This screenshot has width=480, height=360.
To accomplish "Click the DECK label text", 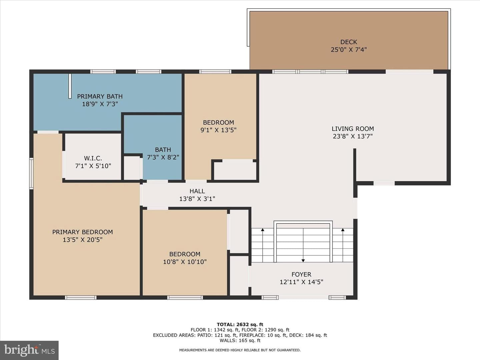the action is click(x=349, y=42).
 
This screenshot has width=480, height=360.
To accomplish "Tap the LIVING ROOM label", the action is click(x=353, y=129).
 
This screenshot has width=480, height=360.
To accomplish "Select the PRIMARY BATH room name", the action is click(x=100, y=96).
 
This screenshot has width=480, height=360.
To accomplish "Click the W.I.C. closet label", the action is click(x=93, y=158).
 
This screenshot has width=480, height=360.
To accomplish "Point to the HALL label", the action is click(x=197, y=191).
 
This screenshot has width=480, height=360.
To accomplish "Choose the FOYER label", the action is click(x=301, y=274).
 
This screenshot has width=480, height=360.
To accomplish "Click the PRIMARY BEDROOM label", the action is click(x=82, y=232).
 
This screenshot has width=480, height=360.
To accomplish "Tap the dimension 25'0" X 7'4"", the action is click(x=349, y=50).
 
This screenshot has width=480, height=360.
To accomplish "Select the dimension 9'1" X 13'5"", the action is click(x=218, y=130).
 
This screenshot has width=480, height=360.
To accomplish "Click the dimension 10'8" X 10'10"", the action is click(x=185, y=262).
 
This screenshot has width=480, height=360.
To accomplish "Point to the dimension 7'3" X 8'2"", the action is click(x=163, y=157).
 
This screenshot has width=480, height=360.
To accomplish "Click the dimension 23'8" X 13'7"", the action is click(x=353, y=136).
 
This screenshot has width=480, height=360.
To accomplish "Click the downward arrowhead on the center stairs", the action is click(x=303, y=261).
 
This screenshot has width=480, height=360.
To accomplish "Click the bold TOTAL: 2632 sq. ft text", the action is click(x=240, y=325).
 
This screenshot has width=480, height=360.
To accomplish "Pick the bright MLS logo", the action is click(x=29, y=350).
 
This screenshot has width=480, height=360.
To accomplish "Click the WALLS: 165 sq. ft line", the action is click(x=240, y=341).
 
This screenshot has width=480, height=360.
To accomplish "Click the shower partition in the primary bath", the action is click(x=70, y=86).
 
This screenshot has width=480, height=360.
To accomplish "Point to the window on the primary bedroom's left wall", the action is click(x=31, y=173).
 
